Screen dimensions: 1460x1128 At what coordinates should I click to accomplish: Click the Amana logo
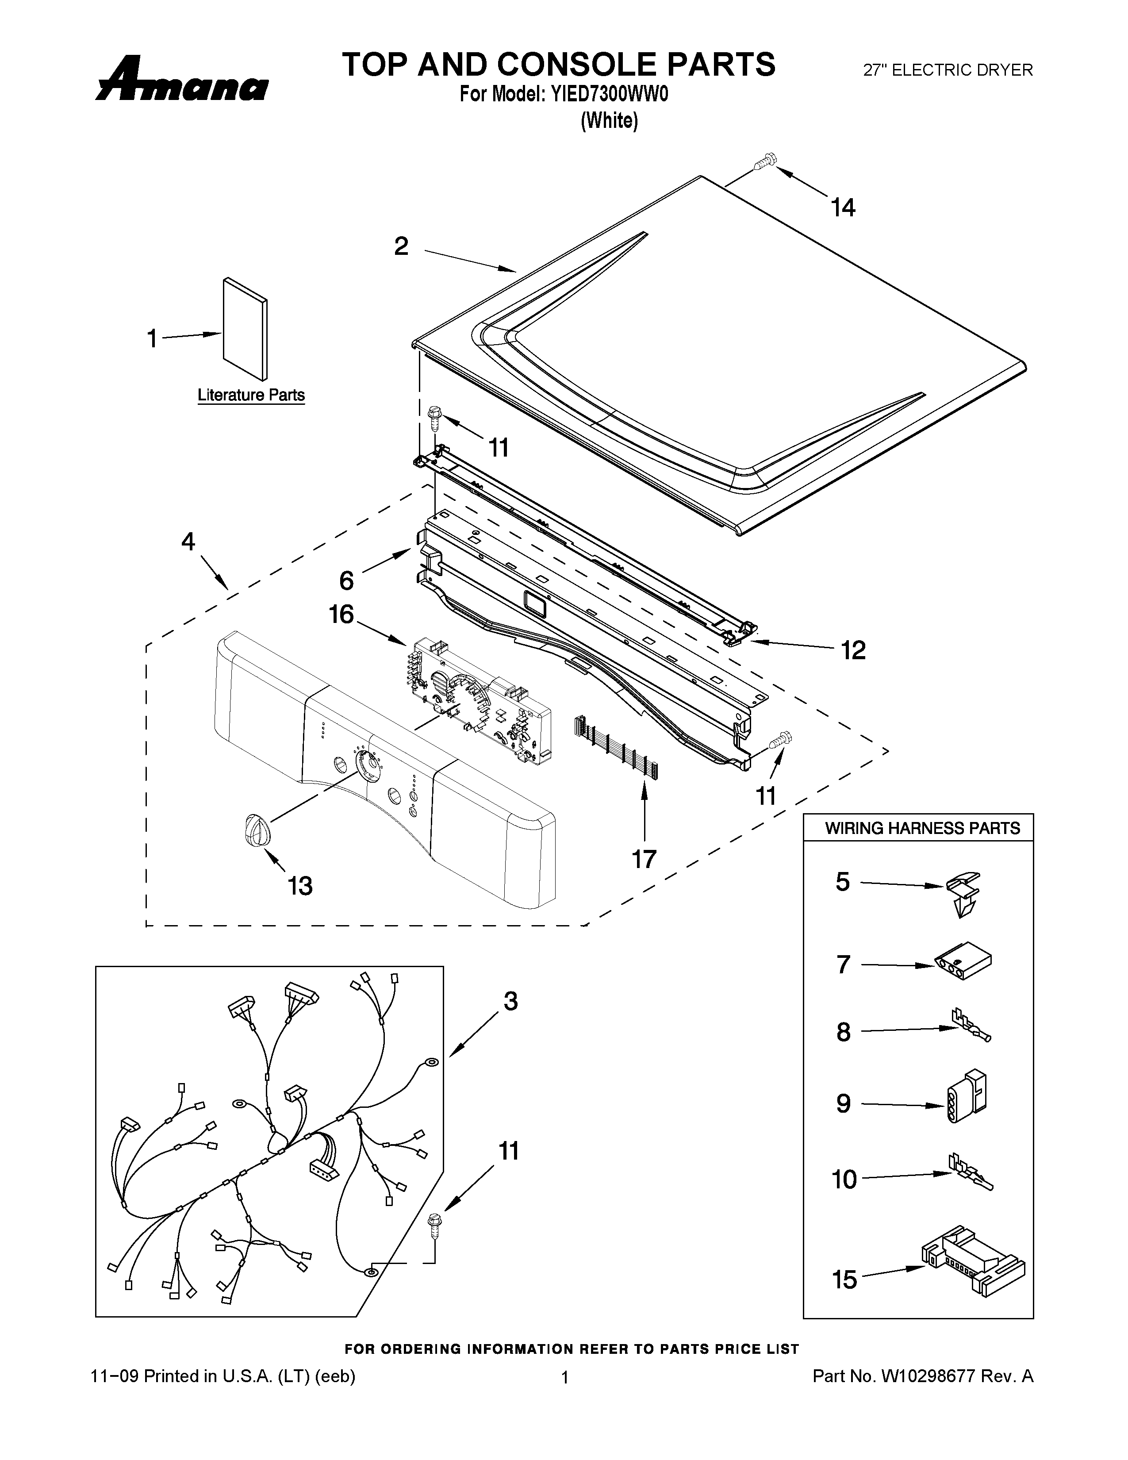(182, 81)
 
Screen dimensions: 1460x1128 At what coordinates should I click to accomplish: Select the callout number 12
(853, 650)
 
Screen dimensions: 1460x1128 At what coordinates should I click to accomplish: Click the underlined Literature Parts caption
(251, 395)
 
